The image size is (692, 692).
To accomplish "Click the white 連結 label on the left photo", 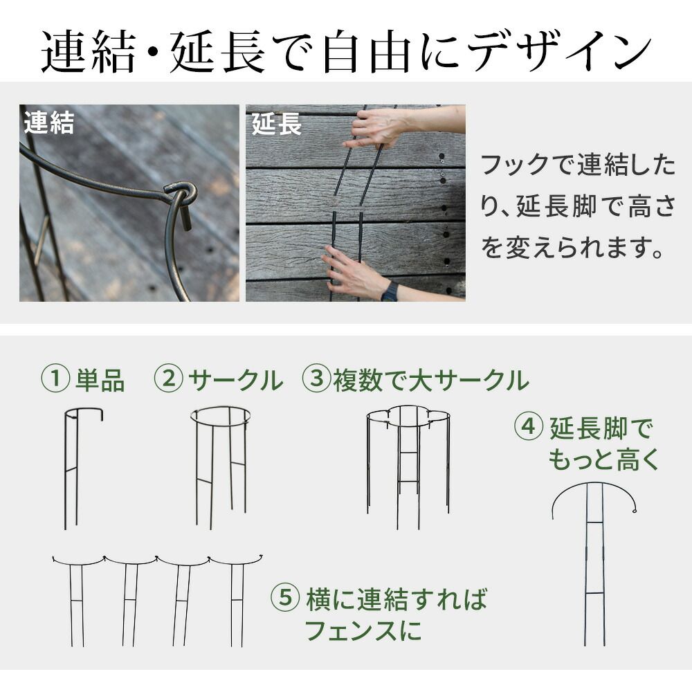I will [49, 123].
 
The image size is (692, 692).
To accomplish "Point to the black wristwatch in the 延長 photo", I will [390, 291].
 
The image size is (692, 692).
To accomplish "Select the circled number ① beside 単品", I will [57, 379].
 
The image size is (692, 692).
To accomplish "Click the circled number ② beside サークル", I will [168, 379].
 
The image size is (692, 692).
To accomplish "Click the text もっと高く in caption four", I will [604, 459].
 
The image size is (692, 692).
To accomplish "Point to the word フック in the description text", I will [513, 165].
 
